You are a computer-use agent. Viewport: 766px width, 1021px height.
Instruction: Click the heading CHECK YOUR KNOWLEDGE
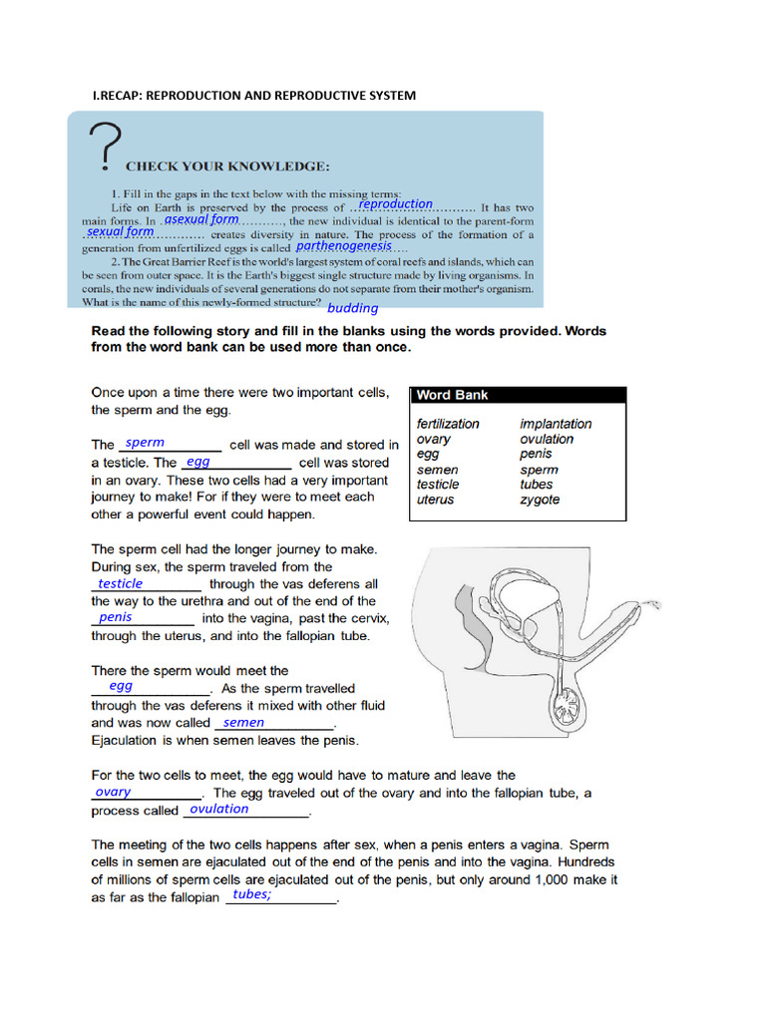tap(226, 166)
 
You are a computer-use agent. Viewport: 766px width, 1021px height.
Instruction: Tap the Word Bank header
tap(452, 395)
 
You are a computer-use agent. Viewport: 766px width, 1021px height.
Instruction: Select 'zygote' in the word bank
tap(540, 500)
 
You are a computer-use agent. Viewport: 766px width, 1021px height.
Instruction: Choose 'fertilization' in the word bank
tap(448, 424)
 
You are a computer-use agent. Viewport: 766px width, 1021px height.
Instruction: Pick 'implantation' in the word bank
tap(556, 424)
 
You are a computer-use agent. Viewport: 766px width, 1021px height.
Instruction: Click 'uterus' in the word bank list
tap(435, 500)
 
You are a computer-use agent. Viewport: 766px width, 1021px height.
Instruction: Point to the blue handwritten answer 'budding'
tap(353, 308)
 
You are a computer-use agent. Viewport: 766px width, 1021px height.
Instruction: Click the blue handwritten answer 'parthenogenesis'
tap(344, 245)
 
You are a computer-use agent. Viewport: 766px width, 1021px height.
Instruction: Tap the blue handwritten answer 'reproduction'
tap(395, 203)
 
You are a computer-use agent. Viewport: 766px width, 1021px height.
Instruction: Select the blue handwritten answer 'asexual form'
tap(201, 218)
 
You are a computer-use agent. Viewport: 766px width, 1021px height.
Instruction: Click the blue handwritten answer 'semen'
tap(244, 722)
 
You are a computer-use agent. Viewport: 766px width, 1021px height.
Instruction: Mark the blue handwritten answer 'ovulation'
tap(219, 809)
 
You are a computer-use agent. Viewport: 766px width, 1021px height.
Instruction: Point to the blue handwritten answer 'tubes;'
tap(251, 894)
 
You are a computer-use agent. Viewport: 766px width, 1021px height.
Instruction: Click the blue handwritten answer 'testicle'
tap(121, 583)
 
